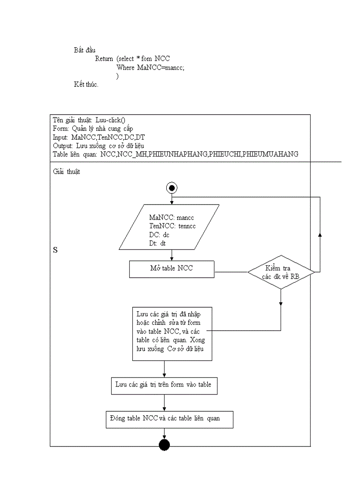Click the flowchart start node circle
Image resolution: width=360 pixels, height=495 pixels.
[172, 188]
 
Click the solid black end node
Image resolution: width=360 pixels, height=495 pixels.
[164, 445]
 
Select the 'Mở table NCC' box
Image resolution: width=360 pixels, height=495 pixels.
[172, 269]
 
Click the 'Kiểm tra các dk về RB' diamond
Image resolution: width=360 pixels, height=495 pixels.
[281, 272]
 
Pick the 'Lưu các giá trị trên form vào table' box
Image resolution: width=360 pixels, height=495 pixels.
[164, 385]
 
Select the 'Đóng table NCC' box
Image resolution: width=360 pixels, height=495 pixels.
[170, 419]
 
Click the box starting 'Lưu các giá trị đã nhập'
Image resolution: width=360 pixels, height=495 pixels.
[172, 334]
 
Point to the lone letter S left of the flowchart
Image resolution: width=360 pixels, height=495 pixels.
[56, 250]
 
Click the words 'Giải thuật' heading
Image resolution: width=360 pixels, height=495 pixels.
[66, 172]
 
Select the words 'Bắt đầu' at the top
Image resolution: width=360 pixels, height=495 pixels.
[85, 50]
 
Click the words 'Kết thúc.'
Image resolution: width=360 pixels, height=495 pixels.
[86, 84]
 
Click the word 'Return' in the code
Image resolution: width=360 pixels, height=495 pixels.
[104, 59]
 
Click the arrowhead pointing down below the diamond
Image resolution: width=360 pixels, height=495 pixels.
[281, 303]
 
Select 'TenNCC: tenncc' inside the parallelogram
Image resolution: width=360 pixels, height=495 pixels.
[172, 226]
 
